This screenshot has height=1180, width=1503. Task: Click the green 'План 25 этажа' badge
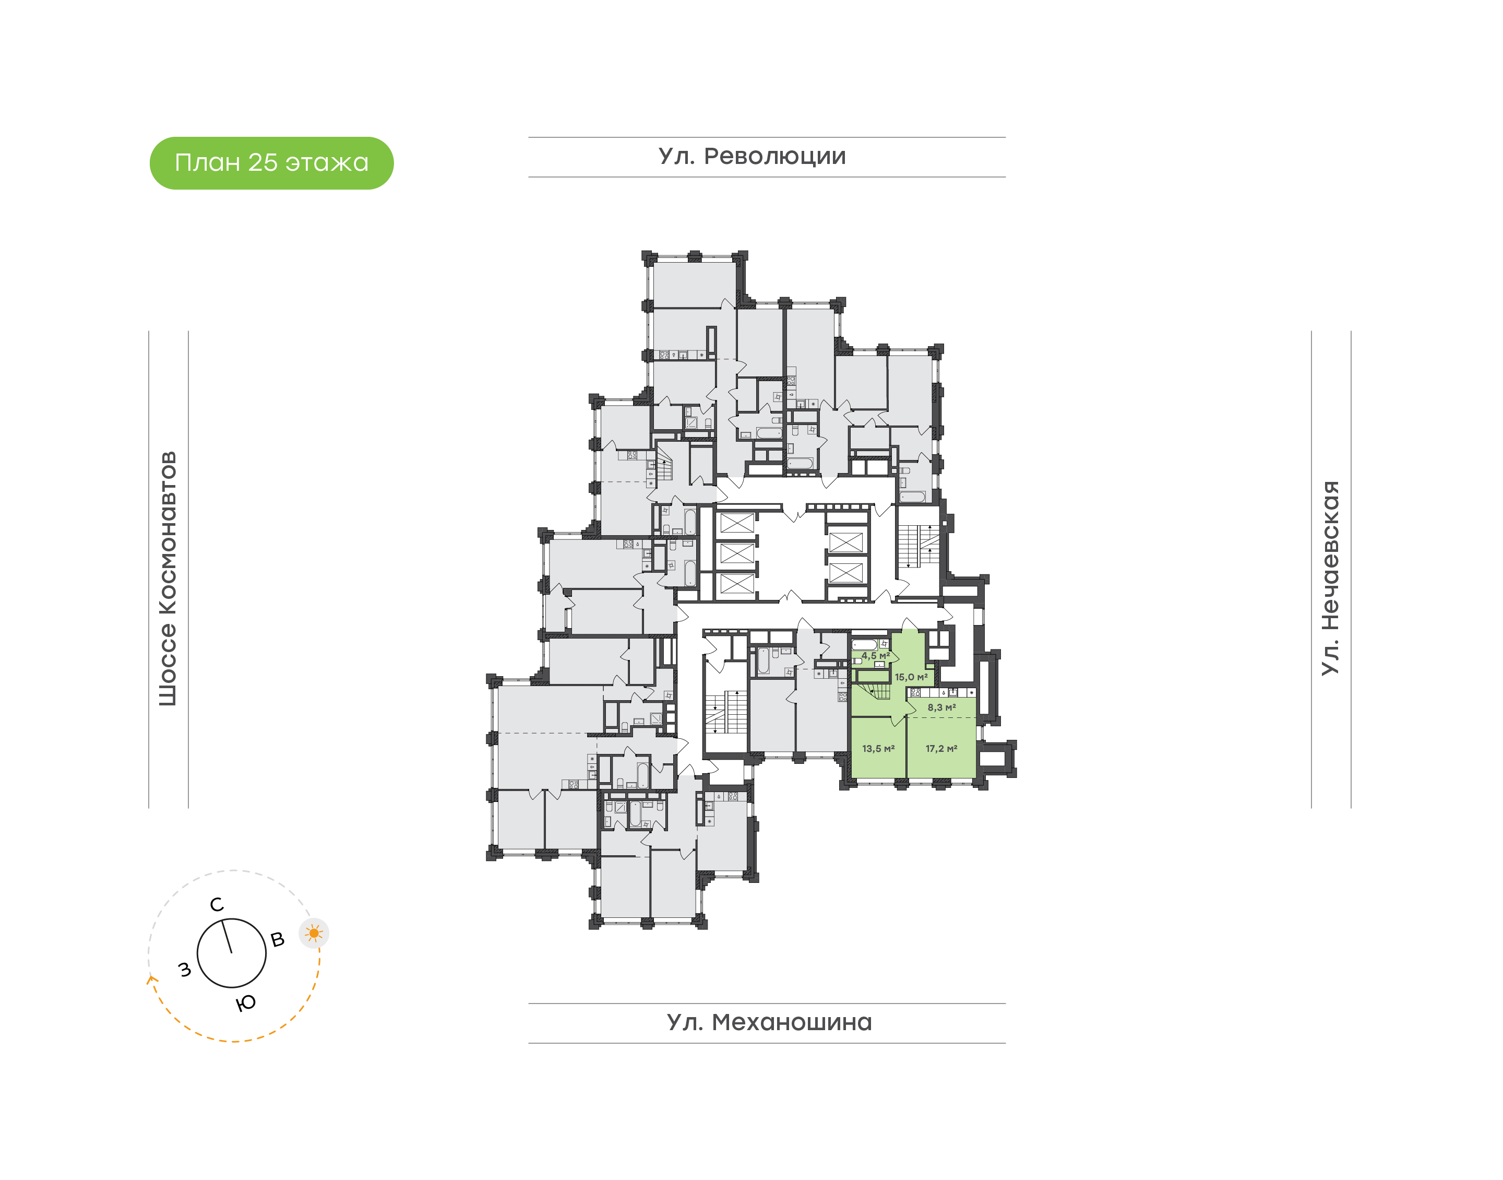point(271,163)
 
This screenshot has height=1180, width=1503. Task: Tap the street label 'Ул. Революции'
point(752,157)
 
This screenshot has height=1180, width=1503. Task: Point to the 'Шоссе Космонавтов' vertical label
point(168,579)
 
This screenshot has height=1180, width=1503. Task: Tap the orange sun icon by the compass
point(314,934)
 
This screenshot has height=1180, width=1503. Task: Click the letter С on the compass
point(217,904)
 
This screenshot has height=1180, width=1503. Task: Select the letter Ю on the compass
point(246,1003)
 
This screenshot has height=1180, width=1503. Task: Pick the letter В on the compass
point(278,940)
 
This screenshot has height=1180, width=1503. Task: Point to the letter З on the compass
point(184,970)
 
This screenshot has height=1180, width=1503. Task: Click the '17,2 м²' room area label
point(941,748)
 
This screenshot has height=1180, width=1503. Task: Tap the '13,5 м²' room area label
point(878,748)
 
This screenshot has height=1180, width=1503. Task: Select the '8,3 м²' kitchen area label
point(941,707)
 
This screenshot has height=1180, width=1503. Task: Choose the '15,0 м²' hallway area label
point(911,677)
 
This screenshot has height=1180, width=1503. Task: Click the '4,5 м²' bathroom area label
point(875,656)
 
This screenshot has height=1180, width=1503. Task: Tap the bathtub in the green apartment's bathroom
point(864,645)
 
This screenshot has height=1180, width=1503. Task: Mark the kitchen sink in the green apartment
point(953,692)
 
